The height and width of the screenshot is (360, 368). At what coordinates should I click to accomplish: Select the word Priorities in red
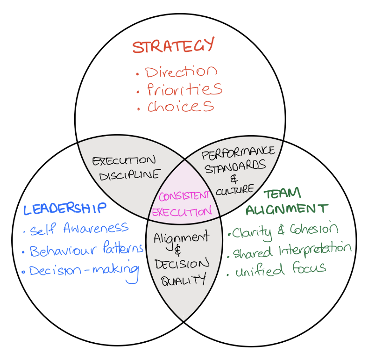[184, 88]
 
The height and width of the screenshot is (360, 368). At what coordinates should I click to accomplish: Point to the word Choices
[181, 106]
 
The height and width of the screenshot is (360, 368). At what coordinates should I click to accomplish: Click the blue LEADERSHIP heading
[65, 209]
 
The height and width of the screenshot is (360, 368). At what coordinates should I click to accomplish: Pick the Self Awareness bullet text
[79, 229]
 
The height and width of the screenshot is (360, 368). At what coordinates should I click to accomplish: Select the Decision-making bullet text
[84, 271]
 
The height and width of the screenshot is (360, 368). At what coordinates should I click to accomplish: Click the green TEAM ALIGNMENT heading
[287, 202]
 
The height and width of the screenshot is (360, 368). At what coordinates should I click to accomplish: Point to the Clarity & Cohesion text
[285, 230]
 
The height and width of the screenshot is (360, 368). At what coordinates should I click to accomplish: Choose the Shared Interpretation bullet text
[291, 250]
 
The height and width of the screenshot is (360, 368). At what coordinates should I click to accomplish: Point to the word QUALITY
[183, 280]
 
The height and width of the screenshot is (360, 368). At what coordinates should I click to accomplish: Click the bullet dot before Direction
[138, 74]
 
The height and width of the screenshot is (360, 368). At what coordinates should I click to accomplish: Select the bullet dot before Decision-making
[24, 272]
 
